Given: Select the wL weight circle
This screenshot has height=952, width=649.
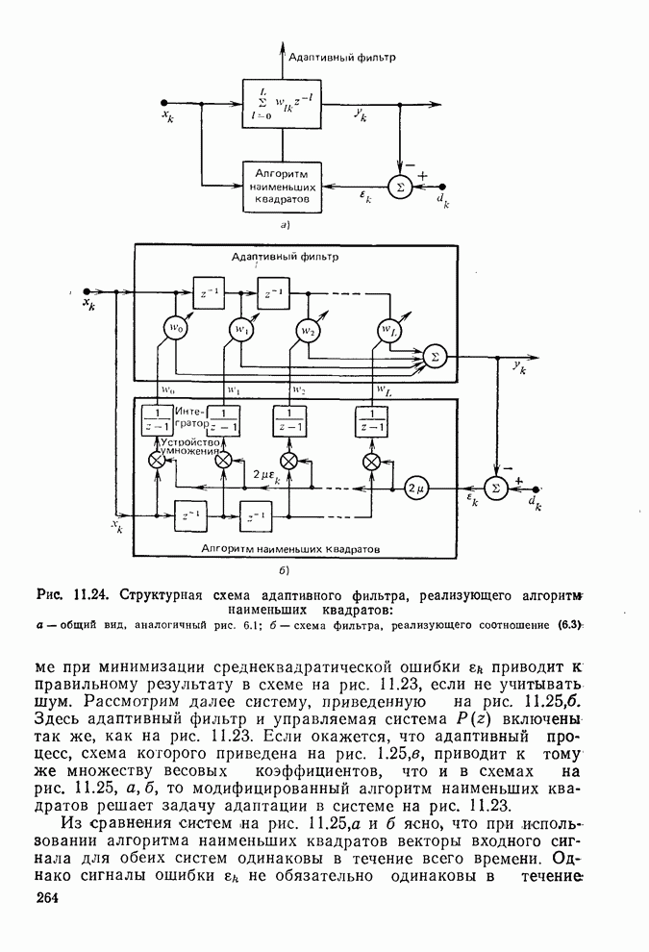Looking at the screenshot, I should pyautogui.click(x=387, y=331).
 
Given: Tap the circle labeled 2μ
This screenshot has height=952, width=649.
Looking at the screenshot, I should pyautogui.click(x=417, y=489).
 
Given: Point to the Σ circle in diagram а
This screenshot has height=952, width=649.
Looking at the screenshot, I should pyautogui.click(x=395, y=187).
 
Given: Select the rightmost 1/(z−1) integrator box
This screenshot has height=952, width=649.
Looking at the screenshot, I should pyautogui.click(x=371, y=421).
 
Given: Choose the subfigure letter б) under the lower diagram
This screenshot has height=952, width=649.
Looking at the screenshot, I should pyautogui.click(x=285, y=572).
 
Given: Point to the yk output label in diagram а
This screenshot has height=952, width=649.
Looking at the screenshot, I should pyautogui.click(x=360, y=114).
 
